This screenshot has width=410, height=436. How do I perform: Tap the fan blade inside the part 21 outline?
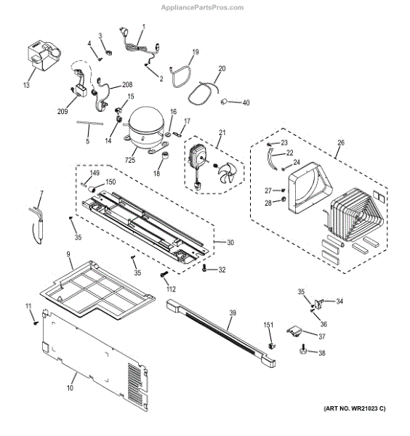[x=228, y=174]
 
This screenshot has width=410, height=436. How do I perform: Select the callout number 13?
[x=26, y=85]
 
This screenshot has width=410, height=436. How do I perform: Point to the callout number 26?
[x=341, y=142]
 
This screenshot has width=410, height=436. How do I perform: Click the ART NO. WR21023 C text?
[x=355, y=408]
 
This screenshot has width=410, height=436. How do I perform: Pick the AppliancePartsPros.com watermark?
[x=202, y=7]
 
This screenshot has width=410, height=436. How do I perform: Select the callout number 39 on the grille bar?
[x=233, y=312]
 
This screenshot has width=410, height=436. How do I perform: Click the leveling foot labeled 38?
[x=302, y=350]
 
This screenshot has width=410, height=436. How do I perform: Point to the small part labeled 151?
[x=271, y=346]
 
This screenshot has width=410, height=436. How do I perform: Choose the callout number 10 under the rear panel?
[x=70, y=387]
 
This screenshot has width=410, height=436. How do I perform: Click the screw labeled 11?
[x=36, y=323]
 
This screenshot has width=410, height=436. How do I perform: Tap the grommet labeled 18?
[x=166, y=156]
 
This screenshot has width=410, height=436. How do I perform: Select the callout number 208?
[x=127, y=84]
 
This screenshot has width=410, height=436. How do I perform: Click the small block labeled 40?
[x=224, y=102]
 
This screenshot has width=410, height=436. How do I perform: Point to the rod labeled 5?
[x=90, y=123]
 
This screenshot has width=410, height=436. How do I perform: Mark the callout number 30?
[x=230, y=243]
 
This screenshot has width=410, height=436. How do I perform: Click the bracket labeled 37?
[x=294, y=331]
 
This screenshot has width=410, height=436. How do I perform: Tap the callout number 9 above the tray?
[x=68, y=254]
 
